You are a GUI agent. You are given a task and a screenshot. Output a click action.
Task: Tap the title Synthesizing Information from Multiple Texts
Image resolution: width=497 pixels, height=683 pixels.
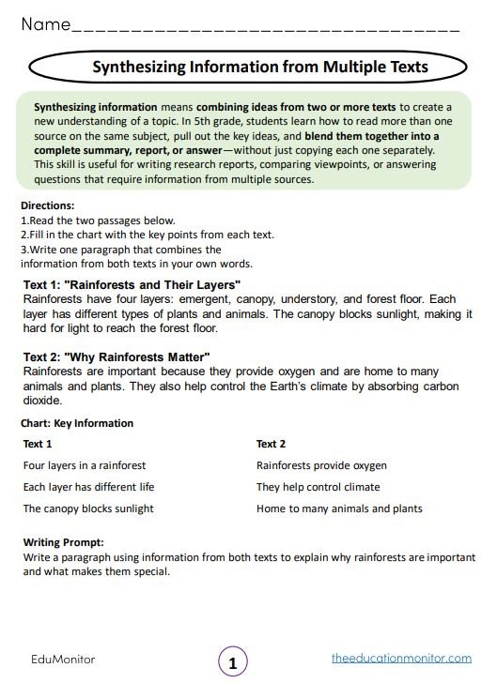260,67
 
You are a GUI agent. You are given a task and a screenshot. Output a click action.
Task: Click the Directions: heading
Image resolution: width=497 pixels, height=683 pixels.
47,205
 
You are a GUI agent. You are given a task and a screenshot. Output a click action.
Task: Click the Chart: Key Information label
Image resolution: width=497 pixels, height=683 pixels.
78,423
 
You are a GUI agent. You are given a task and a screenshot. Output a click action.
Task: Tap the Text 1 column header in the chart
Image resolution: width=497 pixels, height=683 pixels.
38,444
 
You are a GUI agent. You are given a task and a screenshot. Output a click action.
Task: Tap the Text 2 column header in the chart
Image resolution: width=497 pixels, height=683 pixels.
272,444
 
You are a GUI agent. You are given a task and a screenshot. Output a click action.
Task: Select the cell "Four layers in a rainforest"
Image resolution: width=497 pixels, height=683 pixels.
85,465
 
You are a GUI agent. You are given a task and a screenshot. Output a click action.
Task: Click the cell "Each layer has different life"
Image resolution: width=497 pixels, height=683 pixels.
88,487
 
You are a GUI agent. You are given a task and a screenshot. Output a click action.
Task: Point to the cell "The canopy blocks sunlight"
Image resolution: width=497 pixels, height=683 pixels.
88,508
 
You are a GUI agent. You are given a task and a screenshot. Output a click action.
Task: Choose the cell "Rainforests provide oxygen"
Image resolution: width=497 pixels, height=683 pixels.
321,465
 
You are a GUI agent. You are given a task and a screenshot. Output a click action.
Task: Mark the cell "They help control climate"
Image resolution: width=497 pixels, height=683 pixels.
318,487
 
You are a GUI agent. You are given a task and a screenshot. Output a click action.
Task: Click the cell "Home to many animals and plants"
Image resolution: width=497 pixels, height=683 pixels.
339,508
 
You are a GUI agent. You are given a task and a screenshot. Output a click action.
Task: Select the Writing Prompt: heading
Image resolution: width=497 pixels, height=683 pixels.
63,542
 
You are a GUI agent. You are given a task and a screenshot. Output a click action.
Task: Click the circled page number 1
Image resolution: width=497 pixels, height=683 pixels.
233,662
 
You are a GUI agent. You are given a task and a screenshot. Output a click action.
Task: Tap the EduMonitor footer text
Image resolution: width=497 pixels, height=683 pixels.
63,660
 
